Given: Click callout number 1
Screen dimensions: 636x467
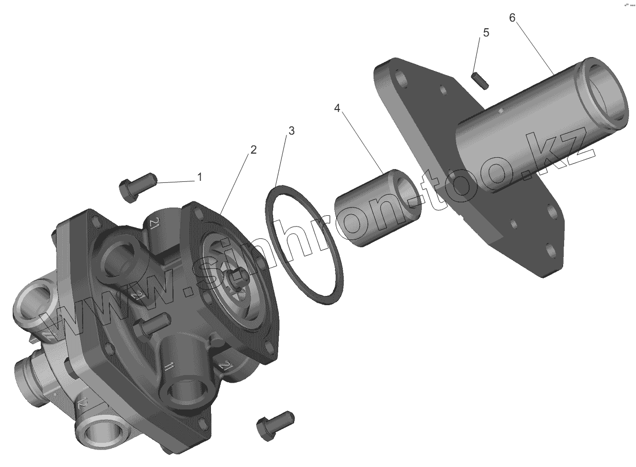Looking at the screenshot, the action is [199, 177].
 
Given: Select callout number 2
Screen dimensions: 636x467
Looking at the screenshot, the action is [253, 150].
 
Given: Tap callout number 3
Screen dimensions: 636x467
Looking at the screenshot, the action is [291, 130].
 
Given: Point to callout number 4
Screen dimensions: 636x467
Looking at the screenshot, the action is [337, 108].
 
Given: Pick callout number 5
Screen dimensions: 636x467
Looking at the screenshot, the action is [486, 32].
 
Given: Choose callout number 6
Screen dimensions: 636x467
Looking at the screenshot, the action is [512, 17].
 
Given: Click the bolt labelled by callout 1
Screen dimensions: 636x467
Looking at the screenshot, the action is [137, 185].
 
